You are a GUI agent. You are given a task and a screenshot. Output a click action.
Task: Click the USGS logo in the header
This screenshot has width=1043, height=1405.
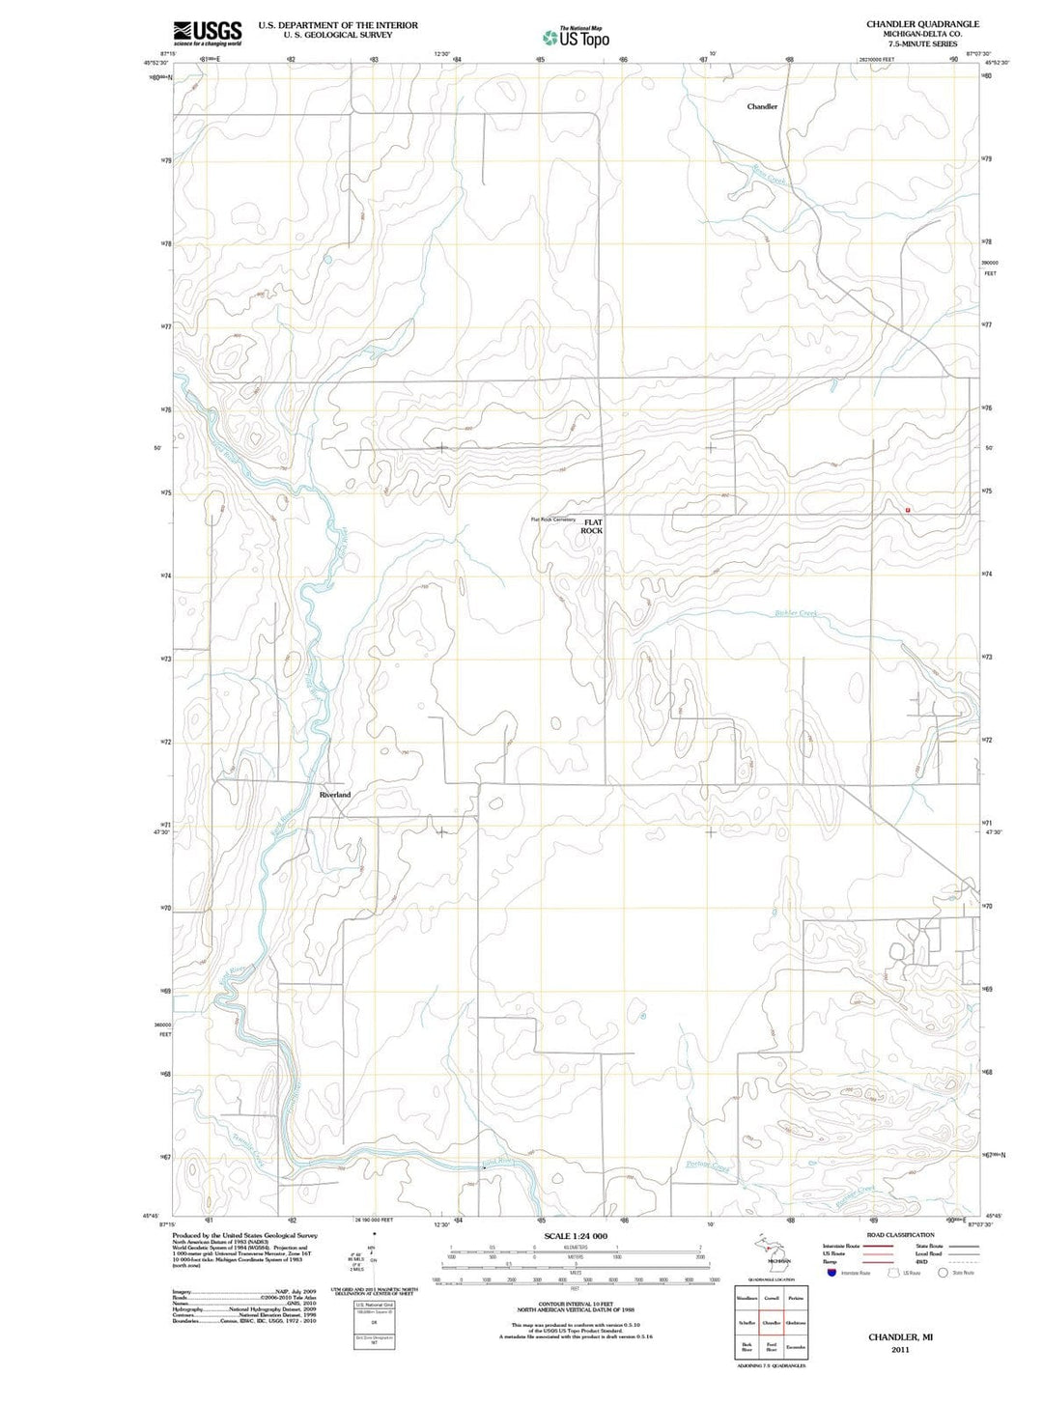(x=207, y=33)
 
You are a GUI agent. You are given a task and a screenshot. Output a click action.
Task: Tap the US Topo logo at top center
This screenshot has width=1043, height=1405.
(x=576, y=38)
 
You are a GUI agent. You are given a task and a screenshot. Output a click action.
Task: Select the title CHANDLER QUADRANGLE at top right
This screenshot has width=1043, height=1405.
(x=909, y=24)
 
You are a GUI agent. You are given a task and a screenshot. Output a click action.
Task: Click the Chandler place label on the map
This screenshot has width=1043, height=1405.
(x=762, y=107)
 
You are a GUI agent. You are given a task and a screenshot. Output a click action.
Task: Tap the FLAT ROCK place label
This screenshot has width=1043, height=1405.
(x=592, y=526)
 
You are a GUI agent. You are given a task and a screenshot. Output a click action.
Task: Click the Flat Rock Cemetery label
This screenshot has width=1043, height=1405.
(x=552, y=520)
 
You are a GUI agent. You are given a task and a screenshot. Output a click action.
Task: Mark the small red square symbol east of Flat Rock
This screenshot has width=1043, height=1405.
(x=908, y=509)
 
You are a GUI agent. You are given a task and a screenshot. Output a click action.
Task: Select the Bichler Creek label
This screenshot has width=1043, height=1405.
(x=796, y=613)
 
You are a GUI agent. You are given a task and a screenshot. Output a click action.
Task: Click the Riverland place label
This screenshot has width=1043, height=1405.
(x=335, y=794)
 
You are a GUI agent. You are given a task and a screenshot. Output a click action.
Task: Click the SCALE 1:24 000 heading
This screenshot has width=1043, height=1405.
(x=576, y=1236)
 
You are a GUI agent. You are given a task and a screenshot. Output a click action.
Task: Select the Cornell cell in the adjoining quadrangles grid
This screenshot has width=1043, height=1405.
(x=772, y=1298)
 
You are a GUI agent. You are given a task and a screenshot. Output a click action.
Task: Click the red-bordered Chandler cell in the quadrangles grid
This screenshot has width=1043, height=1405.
(x=772, y=1322)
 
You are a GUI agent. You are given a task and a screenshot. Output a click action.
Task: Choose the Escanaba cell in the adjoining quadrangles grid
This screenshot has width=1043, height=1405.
(x=796, y=1346)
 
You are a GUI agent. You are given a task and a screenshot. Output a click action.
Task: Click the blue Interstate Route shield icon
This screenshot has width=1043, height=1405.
(x=831, y=1273)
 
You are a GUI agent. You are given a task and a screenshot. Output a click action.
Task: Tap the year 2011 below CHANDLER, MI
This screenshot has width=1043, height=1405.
(x=900, y=1350)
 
